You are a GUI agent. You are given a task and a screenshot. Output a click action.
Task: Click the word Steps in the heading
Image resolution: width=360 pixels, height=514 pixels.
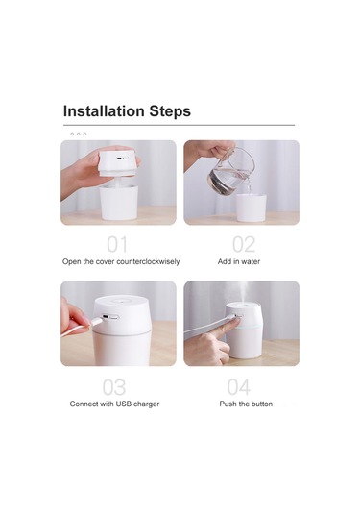pos(168,111)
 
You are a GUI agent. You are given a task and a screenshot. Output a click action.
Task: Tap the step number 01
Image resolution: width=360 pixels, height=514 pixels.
pos(117,244)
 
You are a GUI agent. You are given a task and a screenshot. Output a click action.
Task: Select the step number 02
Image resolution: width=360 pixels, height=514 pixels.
pos(244,244)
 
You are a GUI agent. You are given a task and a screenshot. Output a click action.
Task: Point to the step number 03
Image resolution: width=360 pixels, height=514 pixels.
pos(114,387)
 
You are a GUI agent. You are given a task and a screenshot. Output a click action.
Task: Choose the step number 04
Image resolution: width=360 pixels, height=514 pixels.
pos(239,387)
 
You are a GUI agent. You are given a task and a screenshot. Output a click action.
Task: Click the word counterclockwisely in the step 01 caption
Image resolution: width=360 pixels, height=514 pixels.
pos(147,261)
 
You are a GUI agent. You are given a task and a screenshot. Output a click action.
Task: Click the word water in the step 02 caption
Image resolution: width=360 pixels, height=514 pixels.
pos(250,261)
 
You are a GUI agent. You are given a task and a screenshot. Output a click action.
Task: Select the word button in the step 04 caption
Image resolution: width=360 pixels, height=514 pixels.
pos(260,404)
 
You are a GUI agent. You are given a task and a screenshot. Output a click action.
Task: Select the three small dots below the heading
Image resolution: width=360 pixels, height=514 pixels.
pos(79,134)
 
